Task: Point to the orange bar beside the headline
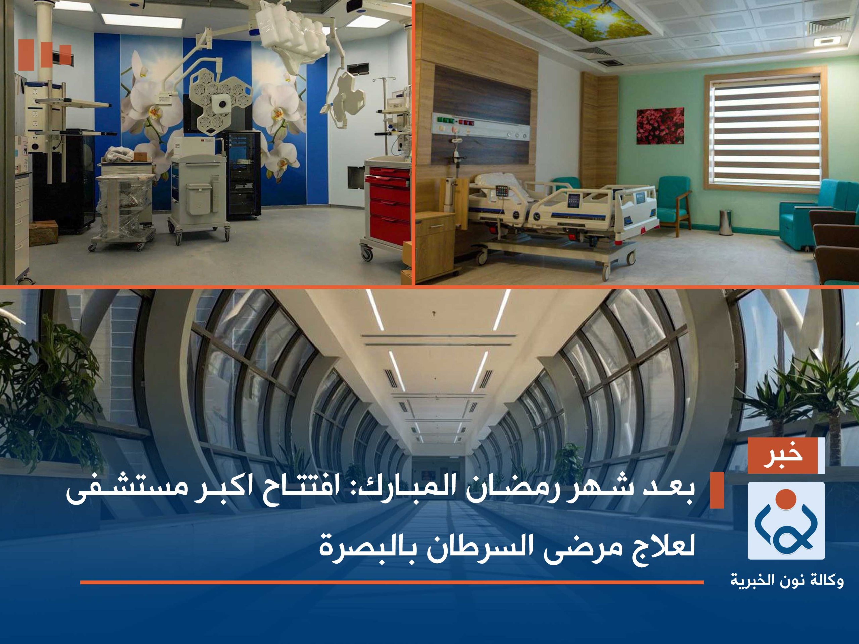coord(717,491)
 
